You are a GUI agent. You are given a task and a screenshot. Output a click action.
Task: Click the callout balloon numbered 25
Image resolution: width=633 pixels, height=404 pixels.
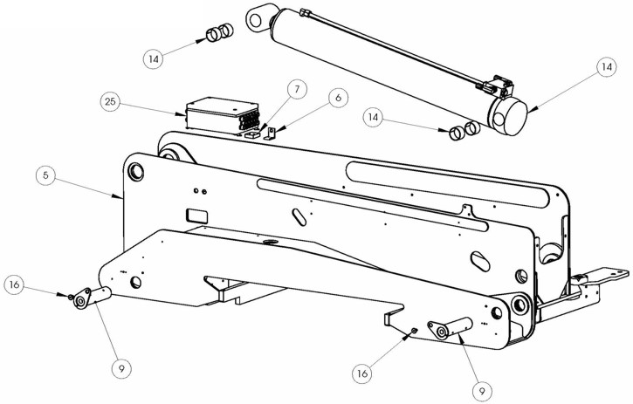pyautogui.click(x=110, y=102)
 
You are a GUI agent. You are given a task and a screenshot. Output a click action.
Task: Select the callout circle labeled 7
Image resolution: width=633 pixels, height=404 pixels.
pyautogui.click(x=297, y=89)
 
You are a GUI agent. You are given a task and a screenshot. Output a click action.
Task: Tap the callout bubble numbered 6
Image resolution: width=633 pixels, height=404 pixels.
pyautogui.click(x=338, y=98)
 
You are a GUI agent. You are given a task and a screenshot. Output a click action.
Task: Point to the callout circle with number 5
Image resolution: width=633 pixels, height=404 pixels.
pyautogui.click(x=45, y=175)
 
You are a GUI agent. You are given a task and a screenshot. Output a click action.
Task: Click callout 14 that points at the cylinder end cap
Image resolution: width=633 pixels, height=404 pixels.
pyautogui.click(x=607, y=67)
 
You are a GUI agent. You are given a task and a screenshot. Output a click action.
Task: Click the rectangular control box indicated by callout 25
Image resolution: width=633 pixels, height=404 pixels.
pyautogui.click(x=222, y=115)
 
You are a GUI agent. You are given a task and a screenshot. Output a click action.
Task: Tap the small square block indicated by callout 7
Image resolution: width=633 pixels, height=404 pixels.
pyautogui.click(x=252, y=134)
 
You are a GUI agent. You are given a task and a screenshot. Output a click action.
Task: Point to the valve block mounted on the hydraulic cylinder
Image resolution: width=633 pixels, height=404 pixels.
pyautogui.click(x=498, y=86)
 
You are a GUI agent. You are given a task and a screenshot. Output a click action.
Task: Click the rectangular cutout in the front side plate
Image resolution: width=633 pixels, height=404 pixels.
pyautogui.click(x=197, y=216)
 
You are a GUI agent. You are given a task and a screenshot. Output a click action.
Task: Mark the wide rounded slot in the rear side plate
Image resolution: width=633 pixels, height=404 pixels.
pyautogui.click(x=448, y=184)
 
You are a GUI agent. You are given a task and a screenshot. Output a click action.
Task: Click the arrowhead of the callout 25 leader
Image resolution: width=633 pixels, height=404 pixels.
pyautogui.click(x=182, y=114)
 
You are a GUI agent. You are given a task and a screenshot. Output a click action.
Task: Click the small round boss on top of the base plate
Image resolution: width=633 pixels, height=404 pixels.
pyautogui.click(x=270, y=243)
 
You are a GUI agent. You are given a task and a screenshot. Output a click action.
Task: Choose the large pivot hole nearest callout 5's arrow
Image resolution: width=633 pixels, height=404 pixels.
pyautogui.click(x=136, y=171)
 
